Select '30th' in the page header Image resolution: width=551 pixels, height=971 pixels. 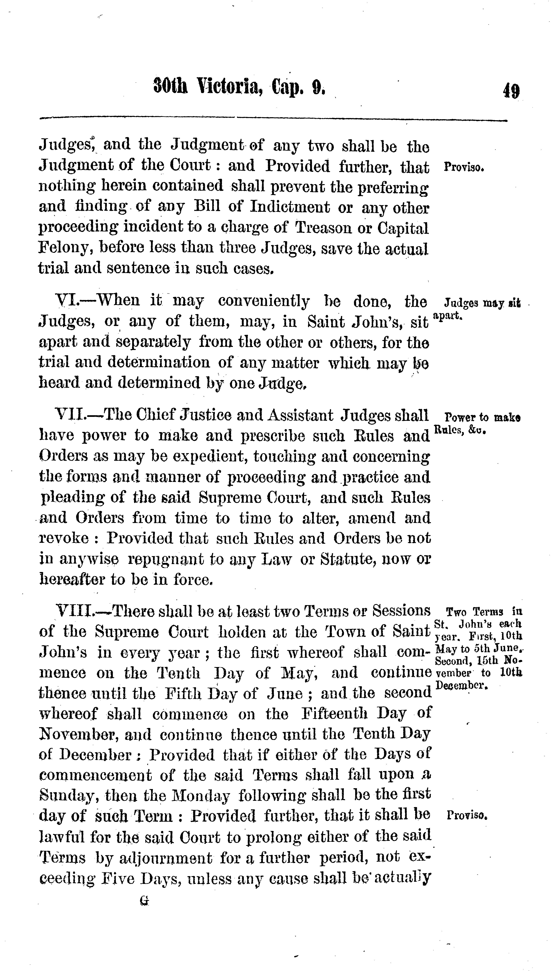(170, 87)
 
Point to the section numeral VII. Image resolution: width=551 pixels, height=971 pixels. (70, 415)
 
